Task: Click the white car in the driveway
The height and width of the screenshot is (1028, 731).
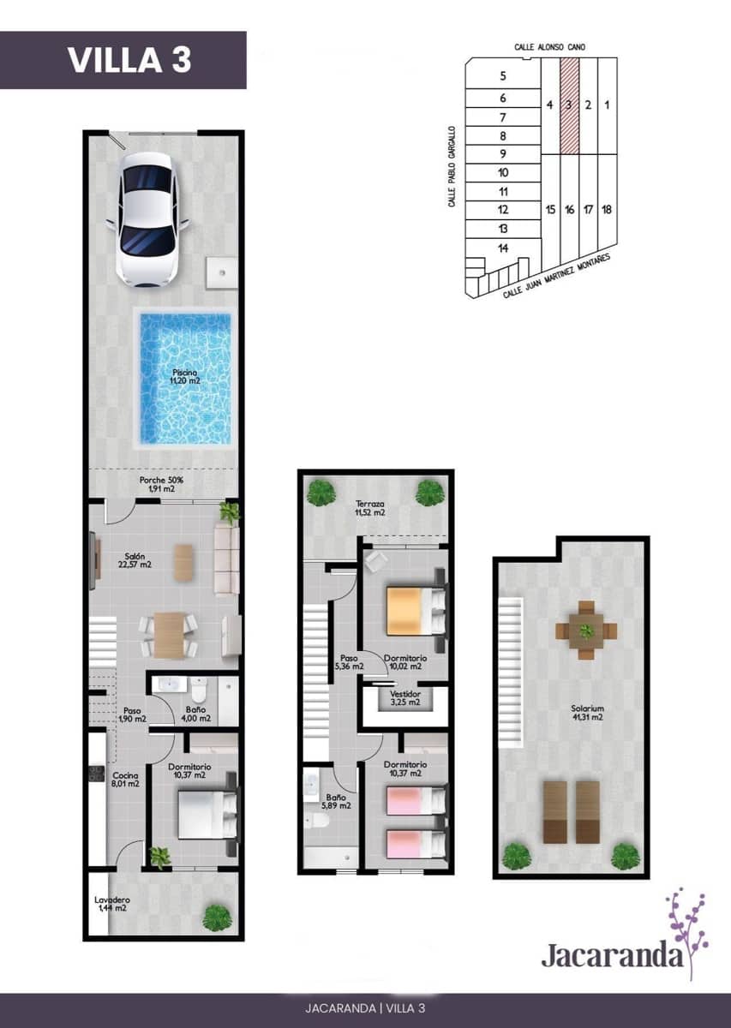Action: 147,218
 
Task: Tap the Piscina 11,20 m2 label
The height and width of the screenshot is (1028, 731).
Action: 185,376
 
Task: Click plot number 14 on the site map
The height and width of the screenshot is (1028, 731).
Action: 503,248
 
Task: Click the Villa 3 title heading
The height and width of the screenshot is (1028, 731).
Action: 129,60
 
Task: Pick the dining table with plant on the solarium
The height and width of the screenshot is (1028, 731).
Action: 586,631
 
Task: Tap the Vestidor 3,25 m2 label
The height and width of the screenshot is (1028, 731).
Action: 404,698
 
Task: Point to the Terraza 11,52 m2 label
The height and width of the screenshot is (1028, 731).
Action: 370,509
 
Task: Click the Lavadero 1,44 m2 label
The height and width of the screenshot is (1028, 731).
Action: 111,904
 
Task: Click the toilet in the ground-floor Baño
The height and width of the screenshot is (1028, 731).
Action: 199,689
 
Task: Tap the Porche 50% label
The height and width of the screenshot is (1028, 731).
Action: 161,485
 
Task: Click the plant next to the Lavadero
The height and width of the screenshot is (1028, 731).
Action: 217,917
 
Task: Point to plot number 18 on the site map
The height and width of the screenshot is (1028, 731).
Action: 607,209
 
